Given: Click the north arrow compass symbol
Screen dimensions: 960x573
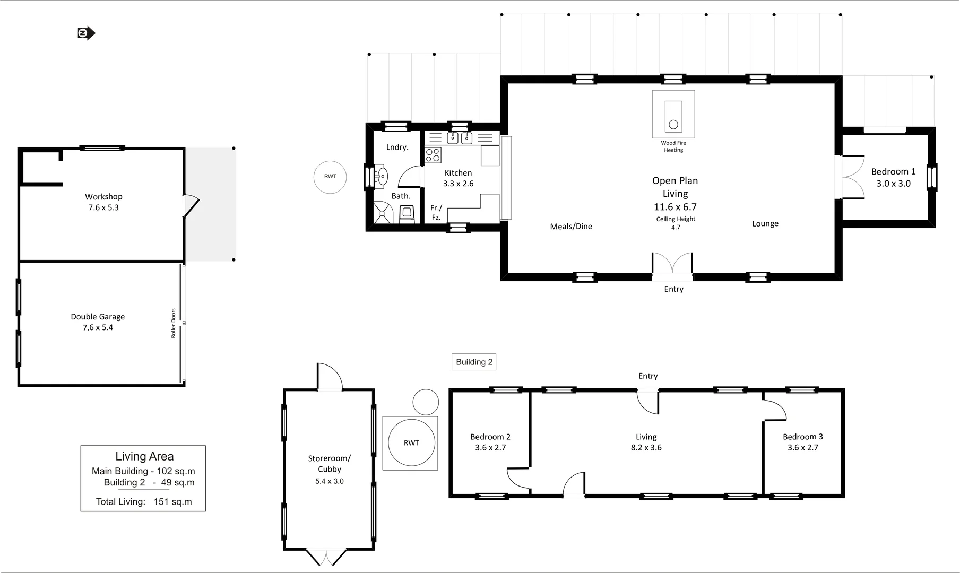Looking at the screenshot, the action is pyautogui.click(x=86, y=33).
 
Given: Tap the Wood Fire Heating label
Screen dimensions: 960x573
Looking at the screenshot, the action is pyautogui.click(x=673, y=146).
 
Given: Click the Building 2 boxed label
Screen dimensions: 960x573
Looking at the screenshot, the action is pyautogui.click(x=474, y=362).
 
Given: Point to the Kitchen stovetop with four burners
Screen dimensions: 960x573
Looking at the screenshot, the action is pyautogui.click(x=433, y=155).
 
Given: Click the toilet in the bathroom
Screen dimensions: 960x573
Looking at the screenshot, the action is pyautogui.click(x=407, y=214).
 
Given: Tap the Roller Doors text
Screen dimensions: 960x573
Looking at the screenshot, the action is pyautogui.click(x=173, y=323).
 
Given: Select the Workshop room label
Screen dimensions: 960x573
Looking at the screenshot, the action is pyautogui.click(x=103, y=202).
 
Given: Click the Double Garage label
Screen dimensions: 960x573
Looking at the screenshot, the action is pyautogui.click(x=98, y=322).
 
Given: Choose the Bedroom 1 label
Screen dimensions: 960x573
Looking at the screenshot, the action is pyautogui.click(x=893, y=178).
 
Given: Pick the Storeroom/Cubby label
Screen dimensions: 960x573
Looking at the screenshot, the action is pyautogui.click(x=330, y=464).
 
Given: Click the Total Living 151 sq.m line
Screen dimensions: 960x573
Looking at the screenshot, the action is pyautogui.click(x=144, y=502).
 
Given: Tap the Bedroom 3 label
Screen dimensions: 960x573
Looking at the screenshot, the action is pyautogui.click(x=803, y=442).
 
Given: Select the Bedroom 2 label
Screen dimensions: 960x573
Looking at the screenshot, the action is pyautogui.click(x=490, y=442).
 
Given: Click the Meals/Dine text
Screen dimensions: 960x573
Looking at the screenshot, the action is pyautogui.click(x=571, y=227).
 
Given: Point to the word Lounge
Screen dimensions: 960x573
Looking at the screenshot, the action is pyautogui.click(x=765, y=224).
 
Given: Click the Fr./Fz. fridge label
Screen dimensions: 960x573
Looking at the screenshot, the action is pyautogui.click(x=436, y=212).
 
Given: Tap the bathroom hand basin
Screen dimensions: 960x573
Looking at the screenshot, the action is pyautogui.click(x=381, y=176).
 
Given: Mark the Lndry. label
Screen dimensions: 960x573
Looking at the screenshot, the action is pyautogui.click(x=397, y=147).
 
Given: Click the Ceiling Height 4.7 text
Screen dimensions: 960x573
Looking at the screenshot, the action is pyautogui.click(x=676, y=223).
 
